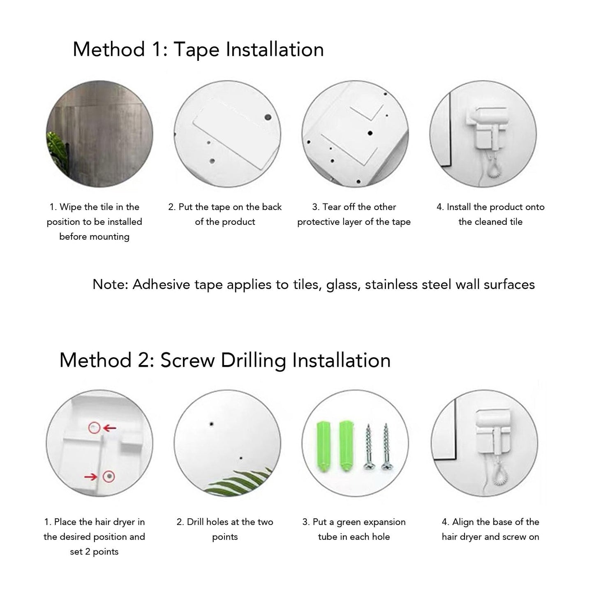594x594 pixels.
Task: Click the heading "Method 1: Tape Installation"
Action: click(x=198, y=49)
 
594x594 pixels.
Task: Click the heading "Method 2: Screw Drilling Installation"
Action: click(x=225, y=360)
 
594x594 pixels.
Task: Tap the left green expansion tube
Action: click(x=323, y=446)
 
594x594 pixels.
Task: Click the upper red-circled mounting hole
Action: click(x=94, y=428)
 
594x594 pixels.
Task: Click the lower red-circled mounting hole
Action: click(x=109, y=476)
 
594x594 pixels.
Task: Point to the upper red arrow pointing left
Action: click(x=110, y=428)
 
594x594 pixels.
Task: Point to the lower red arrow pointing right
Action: click(x=91, y=477)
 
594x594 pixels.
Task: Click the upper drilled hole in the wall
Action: click(x=211, y=423)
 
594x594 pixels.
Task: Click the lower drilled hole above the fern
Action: click(x=241, y=458)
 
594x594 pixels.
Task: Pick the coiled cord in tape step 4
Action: click(x=494, y=168)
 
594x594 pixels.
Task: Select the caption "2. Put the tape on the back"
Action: click(x=225, y=207)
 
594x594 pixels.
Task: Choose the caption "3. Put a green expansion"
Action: click(x=354, y=522)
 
